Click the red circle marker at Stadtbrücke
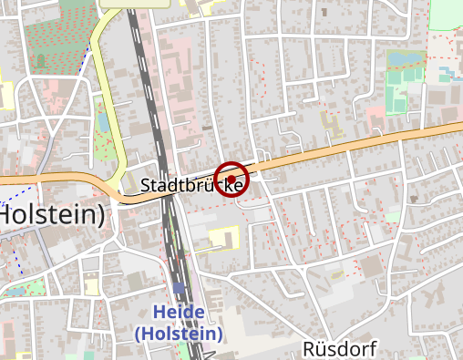[231, 179]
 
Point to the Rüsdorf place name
[339, 348]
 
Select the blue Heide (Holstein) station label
[179, 323]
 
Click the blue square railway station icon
[179, 288]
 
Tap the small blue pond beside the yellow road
[104, 121]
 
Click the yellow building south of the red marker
[221, 239]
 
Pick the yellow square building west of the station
[91, 285]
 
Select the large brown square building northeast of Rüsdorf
[371, 266]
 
